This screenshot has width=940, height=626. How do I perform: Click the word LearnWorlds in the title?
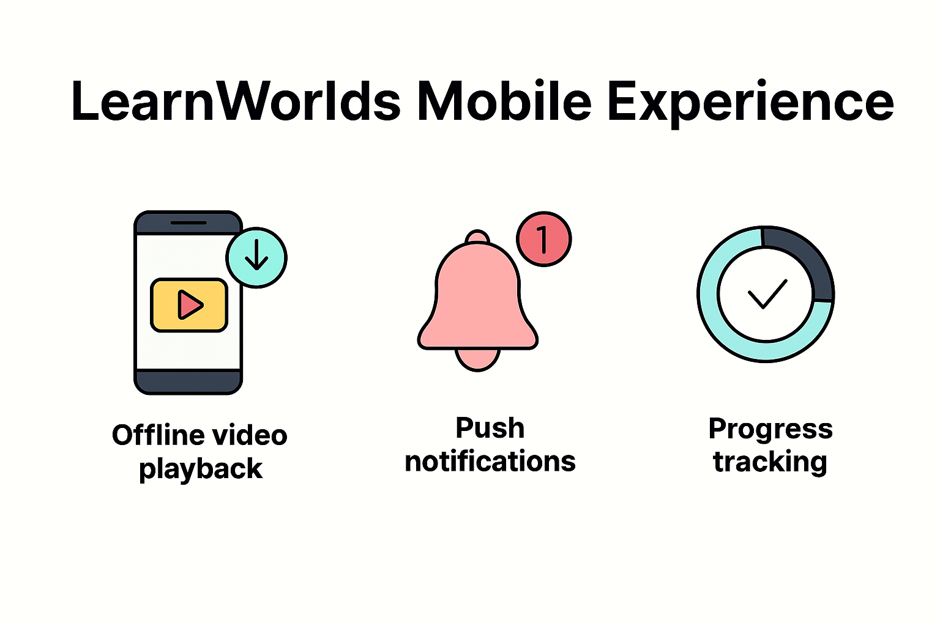(x=236, y=101)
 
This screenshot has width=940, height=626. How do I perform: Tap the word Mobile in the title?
(x=504, y=101)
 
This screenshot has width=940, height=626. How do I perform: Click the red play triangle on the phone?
(x=190, y=304)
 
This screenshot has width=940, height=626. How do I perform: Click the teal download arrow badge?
(x=256, y=257)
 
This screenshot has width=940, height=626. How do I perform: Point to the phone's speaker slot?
(x=188, y=223)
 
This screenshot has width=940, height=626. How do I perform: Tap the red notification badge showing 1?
(x=543, y=238)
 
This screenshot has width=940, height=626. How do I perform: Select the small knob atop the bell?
(x=477, y=237)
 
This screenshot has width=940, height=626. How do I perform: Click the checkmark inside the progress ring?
(x=767, y=294)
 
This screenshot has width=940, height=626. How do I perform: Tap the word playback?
(x=201, y=469)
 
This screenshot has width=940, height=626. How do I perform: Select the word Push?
(x=490, y=428)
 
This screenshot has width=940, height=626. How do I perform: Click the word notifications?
(x=490, y=462)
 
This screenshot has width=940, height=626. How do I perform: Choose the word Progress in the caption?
(x=770, y=429)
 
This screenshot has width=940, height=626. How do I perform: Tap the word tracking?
(x=770, y=462)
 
